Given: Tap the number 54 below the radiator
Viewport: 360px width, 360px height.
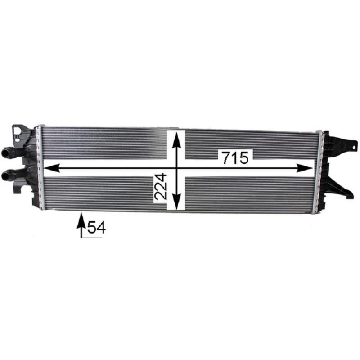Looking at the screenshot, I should [96, 228].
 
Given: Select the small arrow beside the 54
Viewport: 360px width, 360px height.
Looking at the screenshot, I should [81, 225].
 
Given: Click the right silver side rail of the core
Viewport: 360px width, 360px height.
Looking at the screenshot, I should [320, 171].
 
